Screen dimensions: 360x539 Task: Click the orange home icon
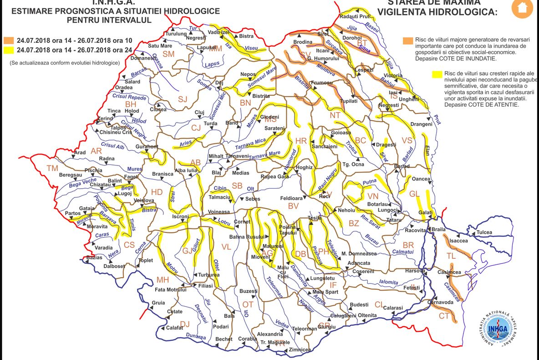(x=522, y=8)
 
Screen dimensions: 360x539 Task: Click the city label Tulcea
(x=484, y=232)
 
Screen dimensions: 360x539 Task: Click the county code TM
(x=53, y=168)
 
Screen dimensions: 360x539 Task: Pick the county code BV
(x=293, y=206)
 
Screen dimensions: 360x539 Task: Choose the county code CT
(x=444, y=316)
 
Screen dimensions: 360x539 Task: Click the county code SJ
(x=183, y=99)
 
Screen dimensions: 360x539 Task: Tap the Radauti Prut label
(x=355, y=16)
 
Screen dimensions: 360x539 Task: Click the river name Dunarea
(x=196, y=337)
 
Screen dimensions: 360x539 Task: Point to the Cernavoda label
(x=440, y=302)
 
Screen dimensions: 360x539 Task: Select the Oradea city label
(x=124, y=87)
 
